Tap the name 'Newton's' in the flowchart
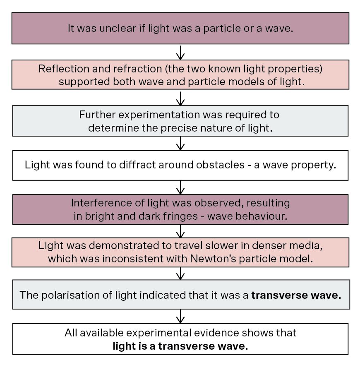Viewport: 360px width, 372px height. point(213,259)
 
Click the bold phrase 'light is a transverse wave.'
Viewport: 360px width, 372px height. point(180,346)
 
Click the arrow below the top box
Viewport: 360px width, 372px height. point(180,53)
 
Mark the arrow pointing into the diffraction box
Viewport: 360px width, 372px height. point(180,143)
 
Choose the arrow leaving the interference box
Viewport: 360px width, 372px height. point(180,231)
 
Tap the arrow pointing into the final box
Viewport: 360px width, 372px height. point(180,316)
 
